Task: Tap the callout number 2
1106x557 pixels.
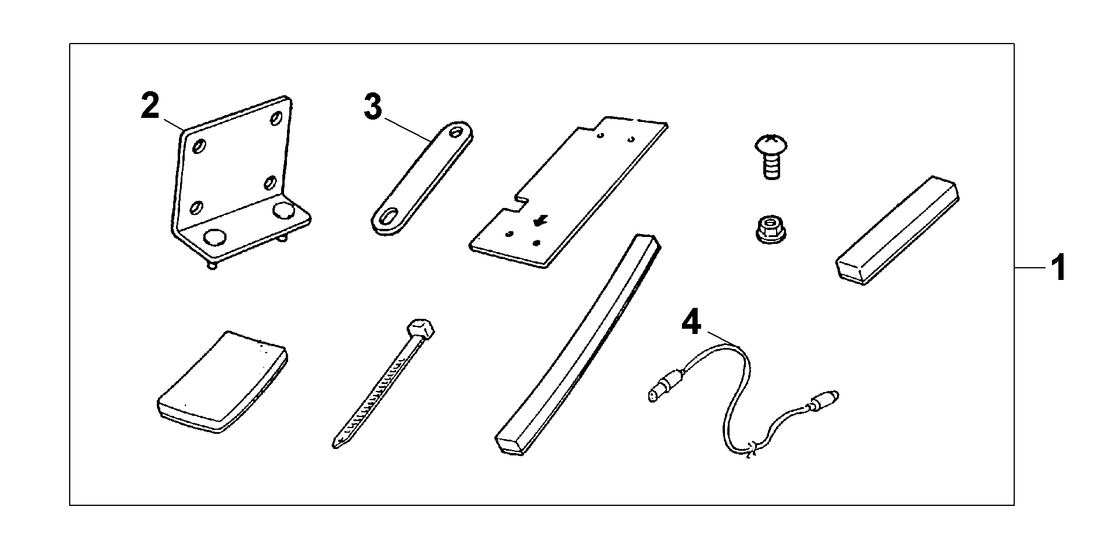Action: click(x=150, y=106)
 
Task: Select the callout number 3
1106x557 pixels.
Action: click(x=373, y=107)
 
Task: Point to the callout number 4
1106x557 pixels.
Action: click(x=691, y=322)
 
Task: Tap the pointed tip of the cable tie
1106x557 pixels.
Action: click(x=336, y=444)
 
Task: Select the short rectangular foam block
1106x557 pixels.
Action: click(x=897, y=231)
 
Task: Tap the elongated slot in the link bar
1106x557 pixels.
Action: click(x=385, y=216)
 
